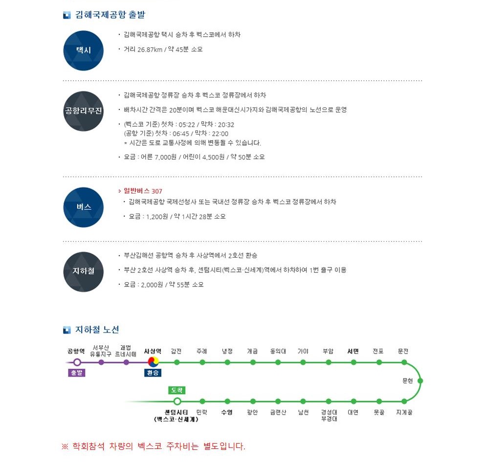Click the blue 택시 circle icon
pos(83,50)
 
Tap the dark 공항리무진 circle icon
pos(83,111)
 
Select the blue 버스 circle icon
pos(83,207)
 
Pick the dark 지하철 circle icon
pos(83,271)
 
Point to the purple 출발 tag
pos(76,373)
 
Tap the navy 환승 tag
pos(153,373)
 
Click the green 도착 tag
pos(177,390)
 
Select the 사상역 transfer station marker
pos(153,361)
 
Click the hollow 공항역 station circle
pos(77,362)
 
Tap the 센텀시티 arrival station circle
pos(177,401)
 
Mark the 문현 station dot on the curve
pos(420,380)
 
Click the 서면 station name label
pos(353,351)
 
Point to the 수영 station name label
pos(227,412)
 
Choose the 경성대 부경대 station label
pos(329,415)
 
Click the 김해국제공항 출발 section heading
pos(110,15)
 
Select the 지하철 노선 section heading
pos(97,330)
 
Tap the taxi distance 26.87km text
pos(150,49)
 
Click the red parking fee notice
pos(154,446)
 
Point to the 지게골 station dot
pos(404,401)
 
